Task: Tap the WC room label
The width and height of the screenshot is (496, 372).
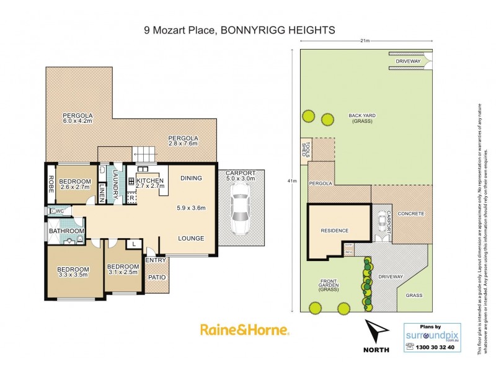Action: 60,211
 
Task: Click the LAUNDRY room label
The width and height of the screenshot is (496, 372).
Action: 115,184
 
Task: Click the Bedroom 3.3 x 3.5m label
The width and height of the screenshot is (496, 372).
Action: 73,272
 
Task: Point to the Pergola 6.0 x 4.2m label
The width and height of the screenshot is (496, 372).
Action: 77,118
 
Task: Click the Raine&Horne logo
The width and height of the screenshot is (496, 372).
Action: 244,330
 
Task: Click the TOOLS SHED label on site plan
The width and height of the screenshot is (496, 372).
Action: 305,149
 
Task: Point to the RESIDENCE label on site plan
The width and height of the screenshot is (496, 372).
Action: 335,231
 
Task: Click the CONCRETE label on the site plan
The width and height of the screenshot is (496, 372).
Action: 411,214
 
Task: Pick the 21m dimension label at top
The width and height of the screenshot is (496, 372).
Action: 365,41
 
